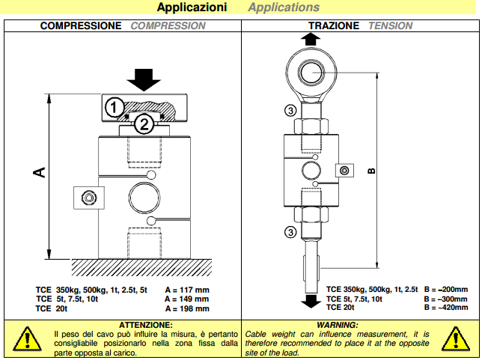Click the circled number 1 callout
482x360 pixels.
click(113, 107)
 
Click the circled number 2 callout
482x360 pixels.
click(145, 124)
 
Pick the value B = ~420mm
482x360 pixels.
click(445, 308)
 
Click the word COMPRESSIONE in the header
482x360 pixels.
click(80, 25)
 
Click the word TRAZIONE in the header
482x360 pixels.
click(334, 25)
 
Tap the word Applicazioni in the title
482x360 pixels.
click(192, 7)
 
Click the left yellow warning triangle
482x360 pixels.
click(28, 338)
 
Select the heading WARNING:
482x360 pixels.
click(338, 323)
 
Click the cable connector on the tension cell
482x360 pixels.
click(344, 171)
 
